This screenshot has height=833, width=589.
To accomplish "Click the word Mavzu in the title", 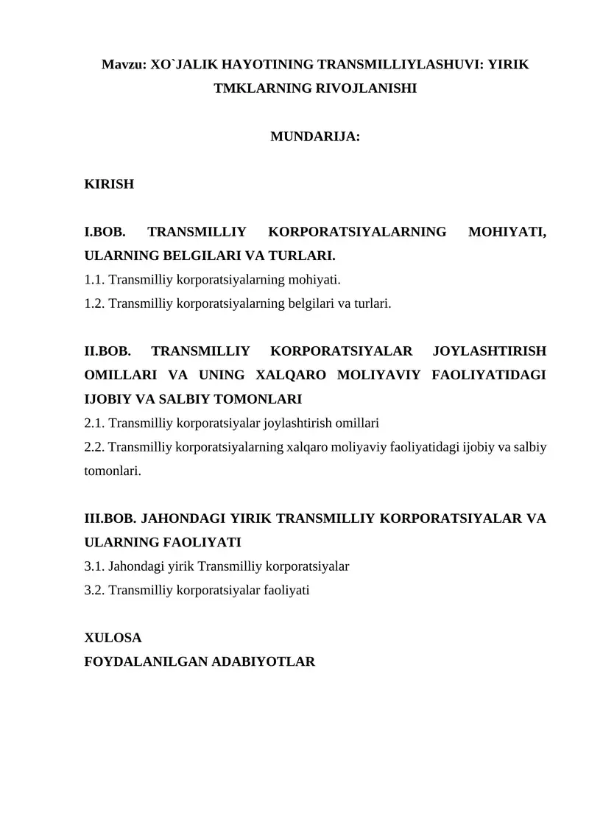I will (122, 65).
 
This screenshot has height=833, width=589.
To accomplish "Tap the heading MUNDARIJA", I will (315, 136).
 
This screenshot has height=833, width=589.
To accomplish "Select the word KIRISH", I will (110, 184).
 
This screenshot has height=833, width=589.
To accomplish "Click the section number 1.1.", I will (95, 280).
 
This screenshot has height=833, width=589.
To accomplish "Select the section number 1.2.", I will (95, 303).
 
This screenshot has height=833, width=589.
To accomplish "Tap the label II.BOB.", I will (107, 351).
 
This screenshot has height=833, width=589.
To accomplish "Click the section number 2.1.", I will (95, 423).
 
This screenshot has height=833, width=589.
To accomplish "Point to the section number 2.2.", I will (95, 446).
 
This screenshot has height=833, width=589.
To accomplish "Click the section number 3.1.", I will (95, 566).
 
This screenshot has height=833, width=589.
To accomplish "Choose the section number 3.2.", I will (95, 590).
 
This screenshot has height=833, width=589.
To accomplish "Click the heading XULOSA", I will (113, 638).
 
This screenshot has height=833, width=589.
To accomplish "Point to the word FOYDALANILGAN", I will (147, 661).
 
